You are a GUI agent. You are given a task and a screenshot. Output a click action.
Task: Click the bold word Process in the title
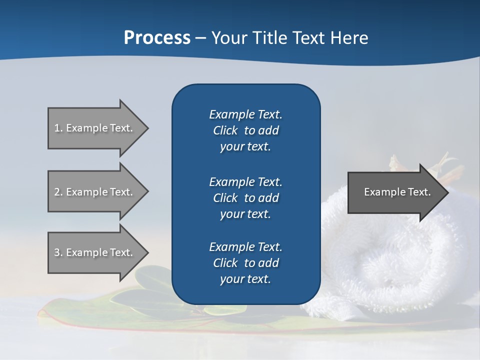(157, 38)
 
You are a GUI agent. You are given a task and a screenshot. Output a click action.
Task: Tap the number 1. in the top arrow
(58, 128)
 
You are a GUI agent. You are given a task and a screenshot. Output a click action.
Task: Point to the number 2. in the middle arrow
(58, 192)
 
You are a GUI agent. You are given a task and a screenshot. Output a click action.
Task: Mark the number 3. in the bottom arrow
(58, 252)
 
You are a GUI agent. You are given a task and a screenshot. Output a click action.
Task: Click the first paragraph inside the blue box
(245, 130)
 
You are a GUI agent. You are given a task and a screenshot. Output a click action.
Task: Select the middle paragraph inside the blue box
(245, 197)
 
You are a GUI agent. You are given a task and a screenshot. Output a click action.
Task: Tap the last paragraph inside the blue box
(245, 263)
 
